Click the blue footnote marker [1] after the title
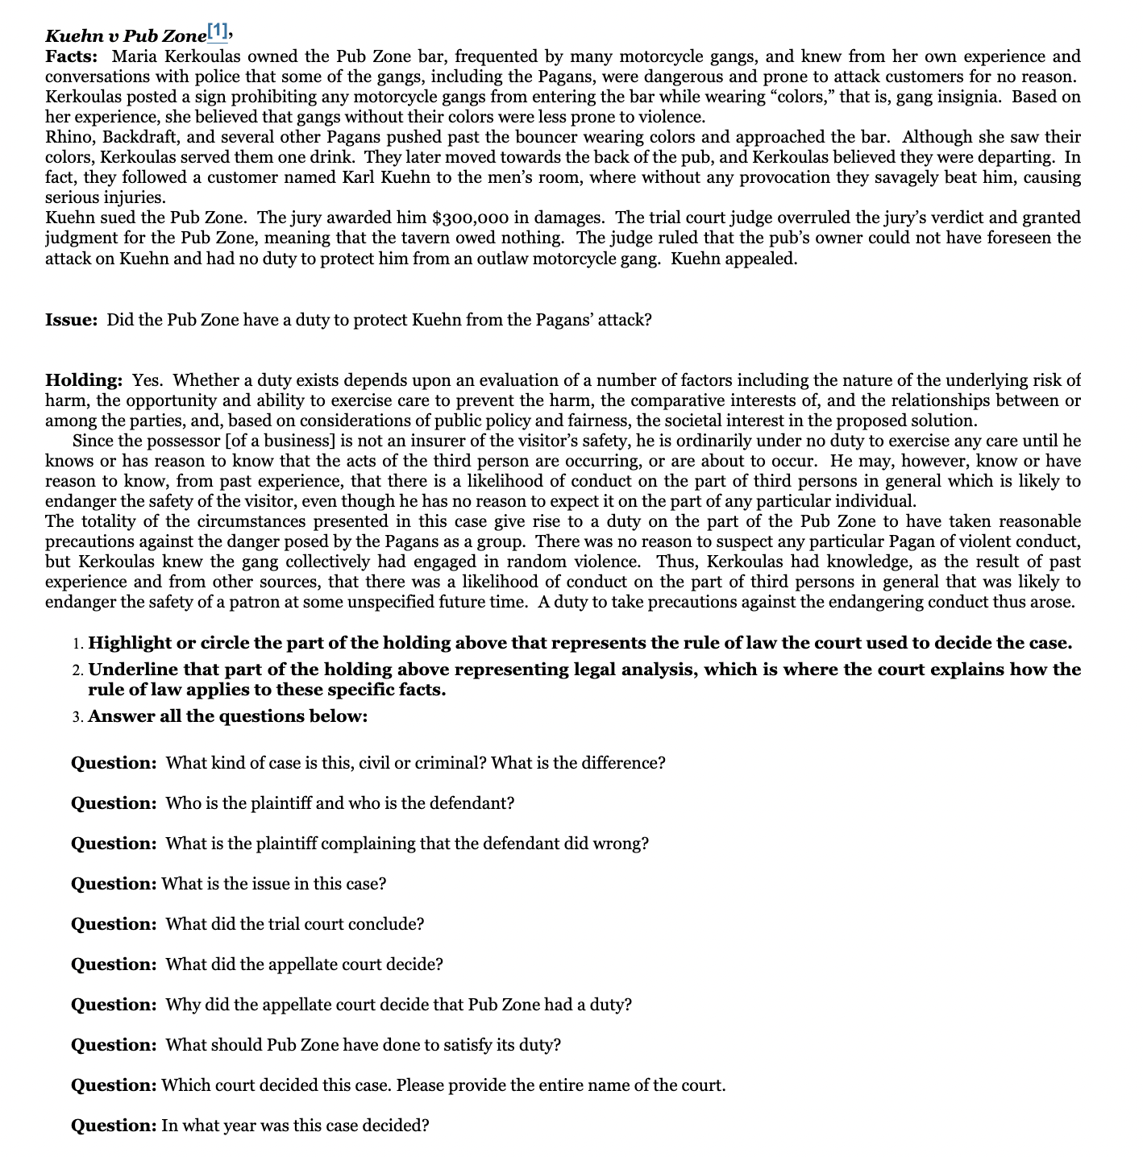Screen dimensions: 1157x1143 (218, 32)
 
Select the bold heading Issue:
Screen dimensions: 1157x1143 (72, 320)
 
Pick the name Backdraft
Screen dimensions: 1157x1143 (142, 137)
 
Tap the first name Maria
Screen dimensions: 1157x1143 (134, 56)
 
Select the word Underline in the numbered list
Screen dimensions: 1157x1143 (132, 670)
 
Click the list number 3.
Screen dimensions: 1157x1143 (76, 717)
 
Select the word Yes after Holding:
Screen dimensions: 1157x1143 (147, 380)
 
